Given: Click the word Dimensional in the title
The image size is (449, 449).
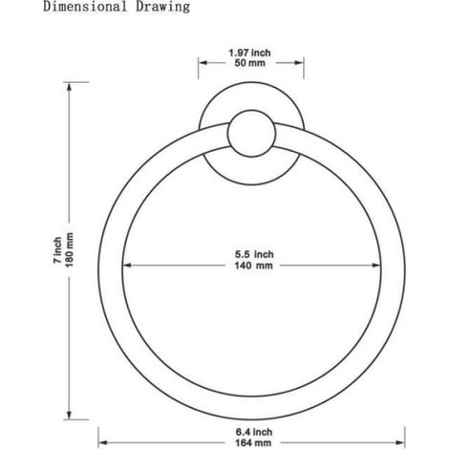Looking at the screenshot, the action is (85, 7).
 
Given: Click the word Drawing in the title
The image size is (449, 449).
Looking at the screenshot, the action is (162, 7).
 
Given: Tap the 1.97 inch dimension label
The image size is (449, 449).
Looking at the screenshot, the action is (249, 53).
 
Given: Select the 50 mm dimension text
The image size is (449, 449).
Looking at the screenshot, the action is (249, 63).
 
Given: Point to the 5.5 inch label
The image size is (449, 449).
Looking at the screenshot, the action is (254, 254).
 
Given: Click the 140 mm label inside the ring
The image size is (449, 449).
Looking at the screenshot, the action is (254, 266).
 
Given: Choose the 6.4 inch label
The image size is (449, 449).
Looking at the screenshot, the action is (254, 432).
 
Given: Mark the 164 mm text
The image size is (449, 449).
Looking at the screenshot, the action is (253, 442).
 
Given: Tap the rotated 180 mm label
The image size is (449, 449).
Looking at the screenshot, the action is (69, 250).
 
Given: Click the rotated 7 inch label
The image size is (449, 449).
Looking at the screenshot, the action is (57, 250).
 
